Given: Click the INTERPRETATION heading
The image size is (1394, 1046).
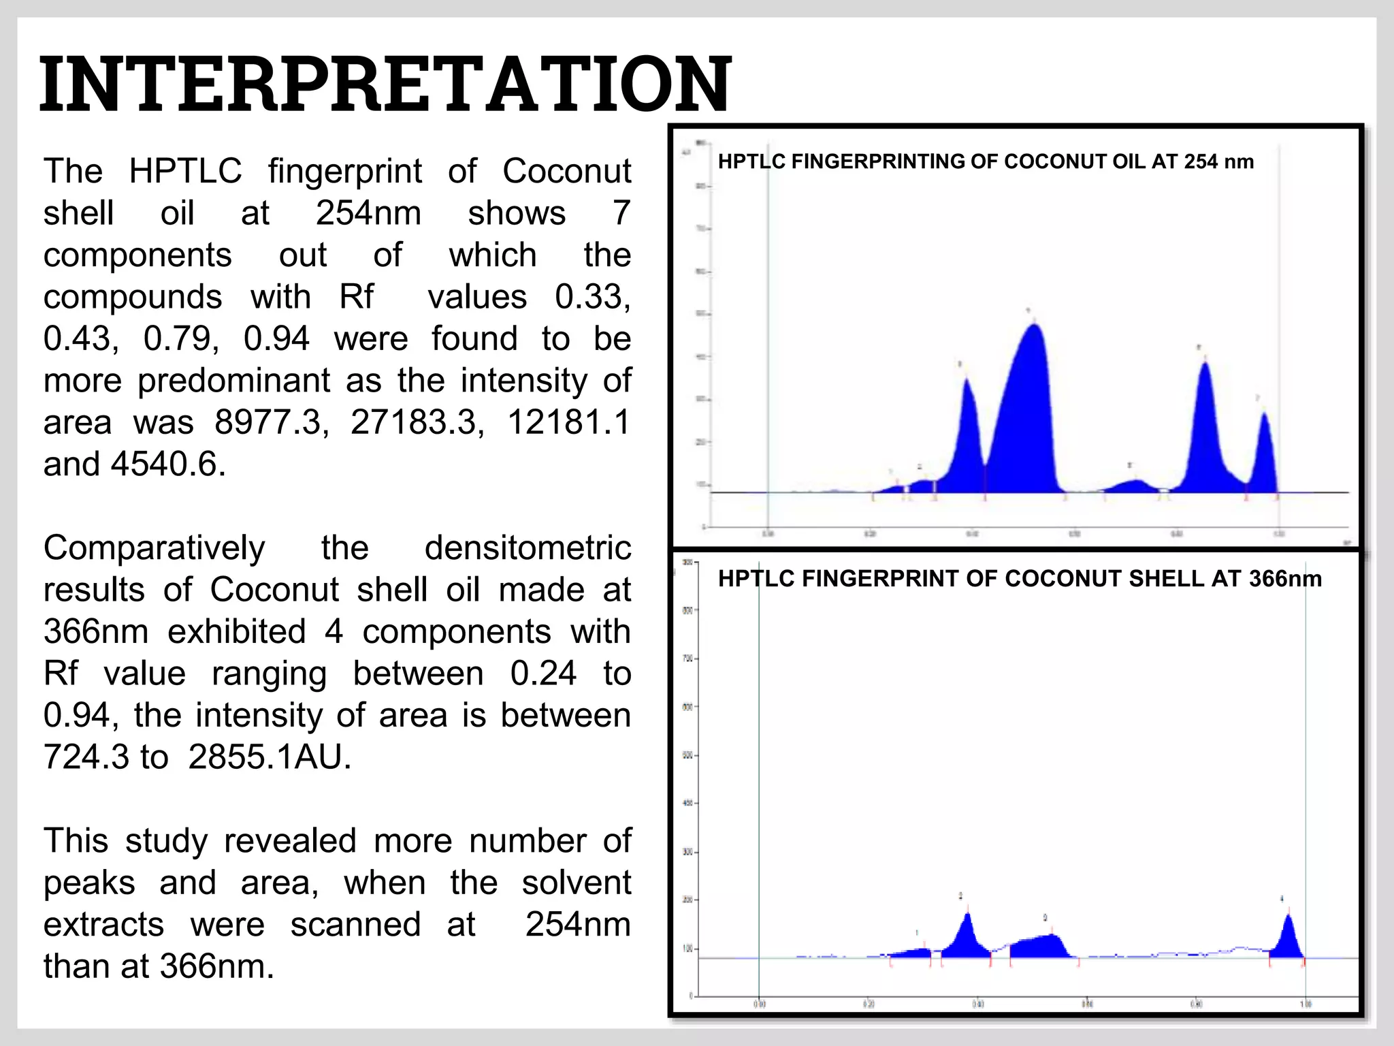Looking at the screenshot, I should (x=385, y=84).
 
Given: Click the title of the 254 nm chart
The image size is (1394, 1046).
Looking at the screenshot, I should (x=986, y=162).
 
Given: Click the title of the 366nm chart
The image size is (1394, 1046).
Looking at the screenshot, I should (x=1020, y=579).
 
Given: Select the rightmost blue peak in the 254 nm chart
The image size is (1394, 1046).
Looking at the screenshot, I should (x=1265, y=456).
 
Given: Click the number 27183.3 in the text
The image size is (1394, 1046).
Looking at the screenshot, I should (x=417, y=422).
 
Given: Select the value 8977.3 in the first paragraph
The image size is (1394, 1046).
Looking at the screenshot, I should (x=271, y=422).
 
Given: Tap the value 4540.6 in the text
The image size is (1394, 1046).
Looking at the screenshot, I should (x=167, y=464).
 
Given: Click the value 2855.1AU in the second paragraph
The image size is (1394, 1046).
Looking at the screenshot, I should (x=270, y=757).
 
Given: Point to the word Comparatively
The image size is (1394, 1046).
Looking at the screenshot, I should (x=154, y=548).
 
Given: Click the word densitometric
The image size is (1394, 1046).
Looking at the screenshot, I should (x=528, y=548).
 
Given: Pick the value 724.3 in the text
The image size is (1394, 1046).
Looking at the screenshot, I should (x=86, y=757).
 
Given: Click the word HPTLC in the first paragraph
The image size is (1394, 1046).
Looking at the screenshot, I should (x=185, y=171).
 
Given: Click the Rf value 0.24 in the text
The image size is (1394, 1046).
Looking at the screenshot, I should (x=542, y=674).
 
